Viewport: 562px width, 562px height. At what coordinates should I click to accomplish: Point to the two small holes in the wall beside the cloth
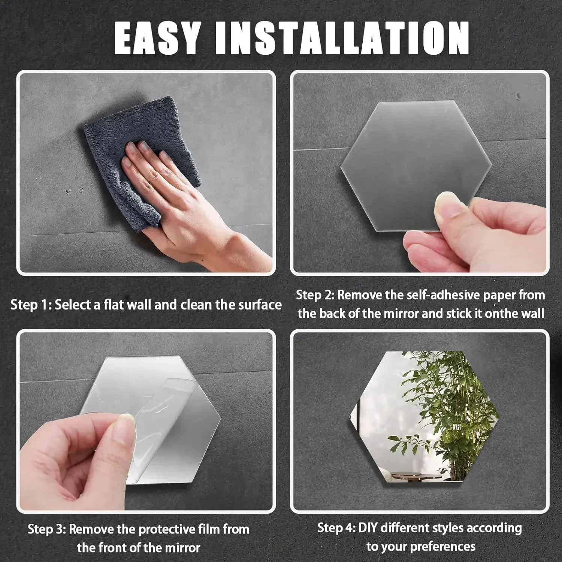[x=73, y=191]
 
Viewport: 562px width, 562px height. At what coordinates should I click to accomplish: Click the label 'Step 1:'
[x=31, y=305]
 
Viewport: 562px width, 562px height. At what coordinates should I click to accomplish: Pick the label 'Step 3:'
[x=47, y=529]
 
